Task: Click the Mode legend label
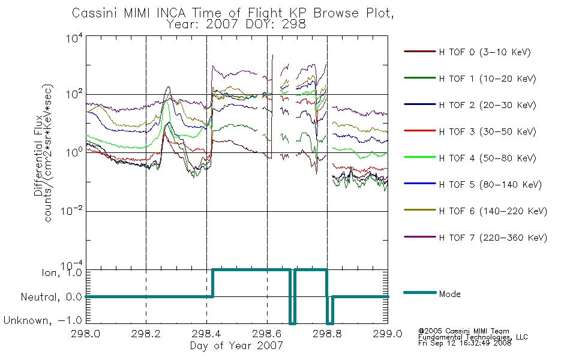click(x=449, y=294)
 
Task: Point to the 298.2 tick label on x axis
click(x=146, y=334)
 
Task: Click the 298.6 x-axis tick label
click(x=267, y=334)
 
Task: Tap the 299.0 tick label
click(x=388, y=334)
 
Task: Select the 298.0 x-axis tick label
click(x=85, y=334)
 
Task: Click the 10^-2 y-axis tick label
click(x=71, y=210)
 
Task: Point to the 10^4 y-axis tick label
click(x=74, y=38)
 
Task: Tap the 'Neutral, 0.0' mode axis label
click(x=51, y=297)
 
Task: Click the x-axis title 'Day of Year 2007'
click(x=236, y=346)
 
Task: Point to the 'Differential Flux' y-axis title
click(x=38, y=155)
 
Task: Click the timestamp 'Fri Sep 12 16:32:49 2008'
click(x=464, y=343)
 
